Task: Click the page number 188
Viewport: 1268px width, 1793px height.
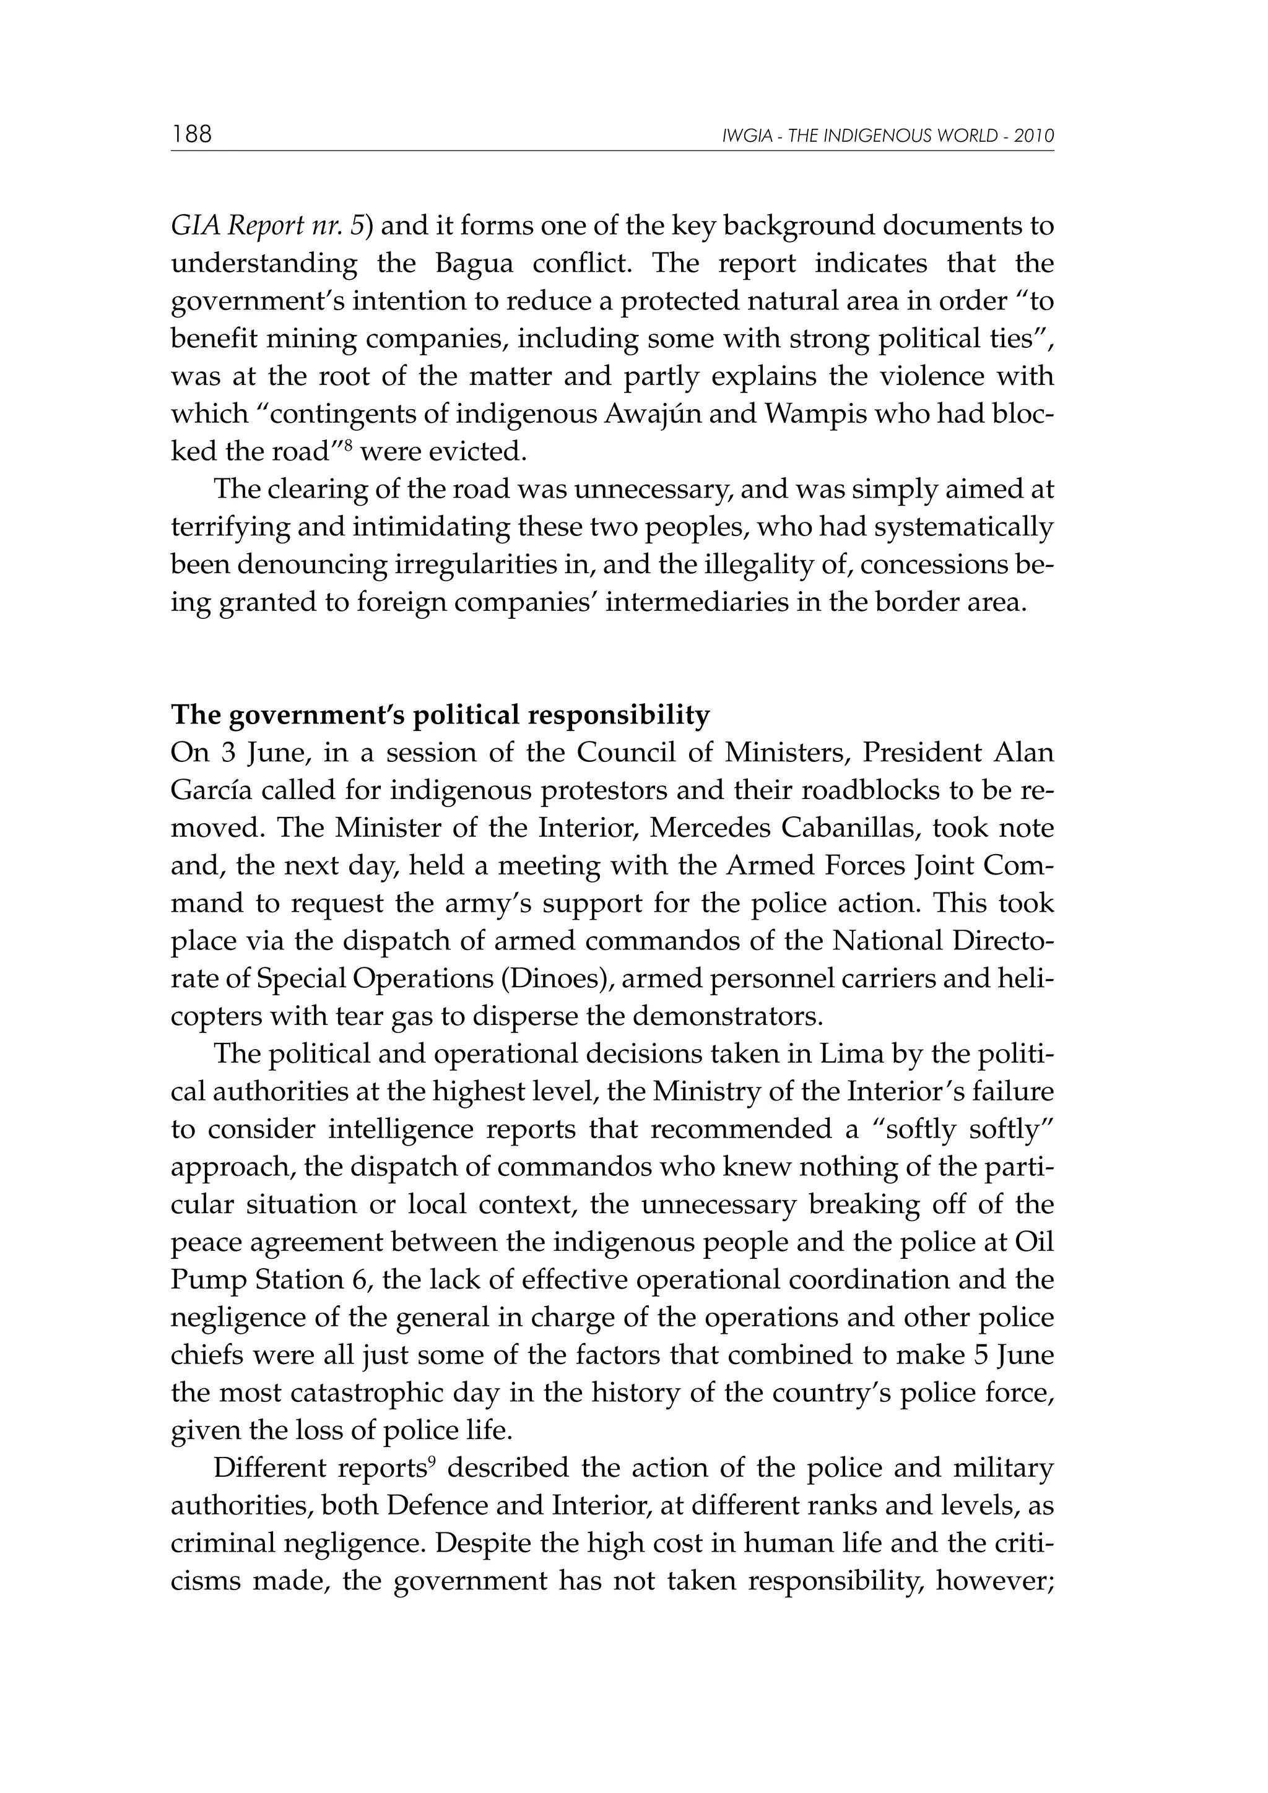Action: pyautogui.click(x=192, y=134)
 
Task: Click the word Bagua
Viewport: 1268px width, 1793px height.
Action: pyautogui.click(x=474, y=264)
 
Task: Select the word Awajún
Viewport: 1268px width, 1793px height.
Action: pyautogui.click(x=663, y=414)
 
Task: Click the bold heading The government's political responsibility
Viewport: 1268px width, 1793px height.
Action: pyautogui.click(x=440, y=715)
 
